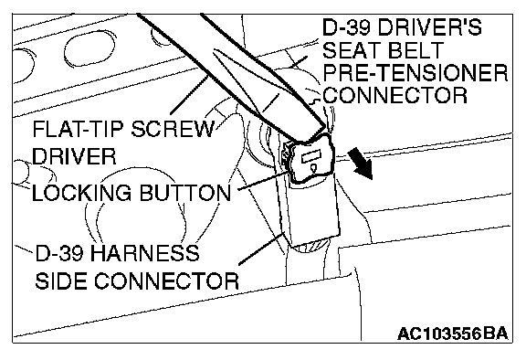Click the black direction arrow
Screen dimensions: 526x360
pos(361,164)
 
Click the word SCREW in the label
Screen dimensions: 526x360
pos(172,129)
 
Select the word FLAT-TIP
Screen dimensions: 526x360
pos(79,129)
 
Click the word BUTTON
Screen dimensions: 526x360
pos(184,193)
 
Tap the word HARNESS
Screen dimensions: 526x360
pos(144,253)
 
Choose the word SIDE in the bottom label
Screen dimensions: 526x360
pos(61,281)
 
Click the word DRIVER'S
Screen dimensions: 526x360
pos(430,26)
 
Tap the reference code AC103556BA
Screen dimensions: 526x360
pos(453,334)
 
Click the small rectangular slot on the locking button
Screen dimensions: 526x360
pos(311,156)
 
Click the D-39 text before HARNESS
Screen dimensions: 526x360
pos(59,253)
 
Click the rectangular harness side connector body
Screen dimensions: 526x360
pos(312,208)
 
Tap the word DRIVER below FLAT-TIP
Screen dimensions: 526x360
pos(74,156)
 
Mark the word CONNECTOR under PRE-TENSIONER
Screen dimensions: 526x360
pos(395,95)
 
